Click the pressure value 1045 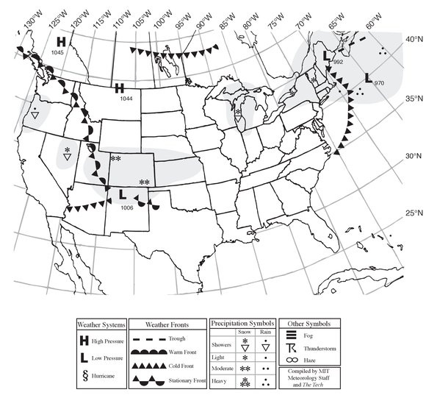point(58,53)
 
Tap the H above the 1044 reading point(119,88)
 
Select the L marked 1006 point(122,194)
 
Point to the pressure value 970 point(379,84)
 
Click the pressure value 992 point(337,63)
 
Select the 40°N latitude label point(414,40)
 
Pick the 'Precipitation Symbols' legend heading point(242,323)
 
